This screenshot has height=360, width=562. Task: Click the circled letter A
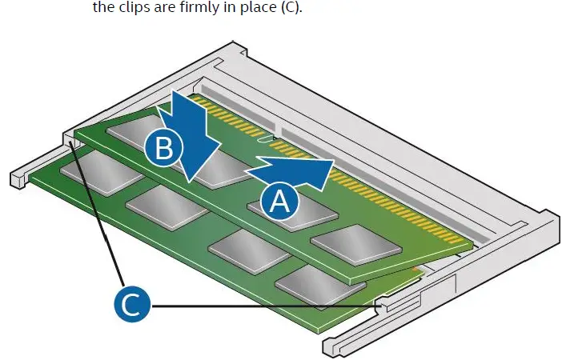pos(279,202)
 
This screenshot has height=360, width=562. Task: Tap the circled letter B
pos(164,147)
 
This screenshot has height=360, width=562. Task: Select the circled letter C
pos(132,304)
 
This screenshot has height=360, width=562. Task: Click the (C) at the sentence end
pos(291,7)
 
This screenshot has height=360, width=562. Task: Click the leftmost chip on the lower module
pos(102,173)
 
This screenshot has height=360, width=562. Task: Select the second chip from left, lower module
pos(167,207)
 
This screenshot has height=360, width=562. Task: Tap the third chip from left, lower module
pos(249,251)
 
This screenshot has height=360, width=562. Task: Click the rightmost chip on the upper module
pos(356,246)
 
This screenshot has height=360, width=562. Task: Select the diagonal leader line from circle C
pos(98,214)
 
